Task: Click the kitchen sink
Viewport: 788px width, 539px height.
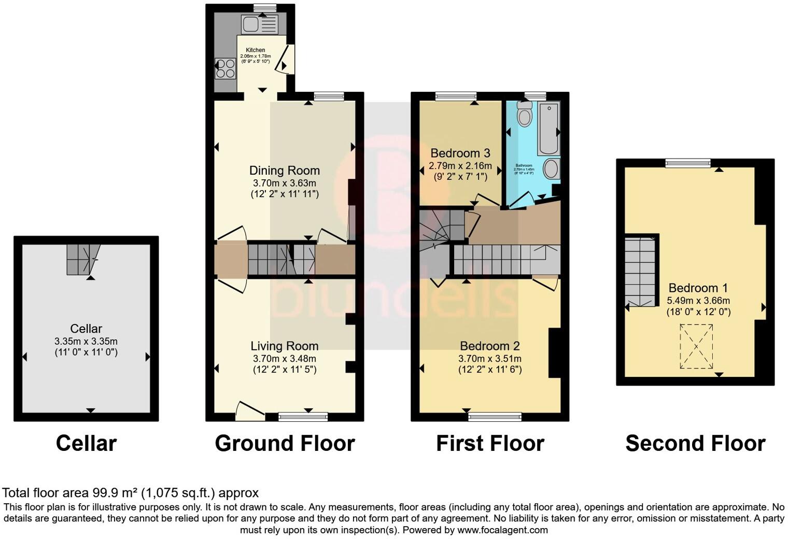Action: point(259,24)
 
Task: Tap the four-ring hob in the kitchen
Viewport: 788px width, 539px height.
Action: point(225,69)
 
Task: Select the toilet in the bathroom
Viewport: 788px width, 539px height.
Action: point(525,114)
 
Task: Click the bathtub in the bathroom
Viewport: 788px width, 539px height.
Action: point(548,129)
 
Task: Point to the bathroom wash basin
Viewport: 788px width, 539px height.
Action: point(551,169)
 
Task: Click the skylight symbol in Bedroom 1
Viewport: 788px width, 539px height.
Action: point(696,346)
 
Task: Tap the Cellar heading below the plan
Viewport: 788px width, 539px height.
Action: point(86,444)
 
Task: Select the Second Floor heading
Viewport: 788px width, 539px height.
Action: point(695,444)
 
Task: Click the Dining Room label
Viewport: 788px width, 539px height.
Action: point(284,171)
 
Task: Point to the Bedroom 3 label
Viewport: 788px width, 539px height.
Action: point(460,153)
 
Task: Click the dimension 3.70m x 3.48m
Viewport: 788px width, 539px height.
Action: point(284,359)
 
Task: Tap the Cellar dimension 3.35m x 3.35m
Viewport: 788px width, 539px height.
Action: point(86,342)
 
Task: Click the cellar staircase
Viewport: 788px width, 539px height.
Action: point(82,259)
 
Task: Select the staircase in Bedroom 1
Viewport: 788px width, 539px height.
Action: point(641,272)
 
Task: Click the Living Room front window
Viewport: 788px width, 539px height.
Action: point(303,416)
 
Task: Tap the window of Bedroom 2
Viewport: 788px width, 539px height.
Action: point(495,416)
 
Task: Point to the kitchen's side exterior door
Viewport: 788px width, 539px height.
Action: point(286,59)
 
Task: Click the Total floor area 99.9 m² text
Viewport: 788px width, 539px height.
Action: point(130,493)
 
